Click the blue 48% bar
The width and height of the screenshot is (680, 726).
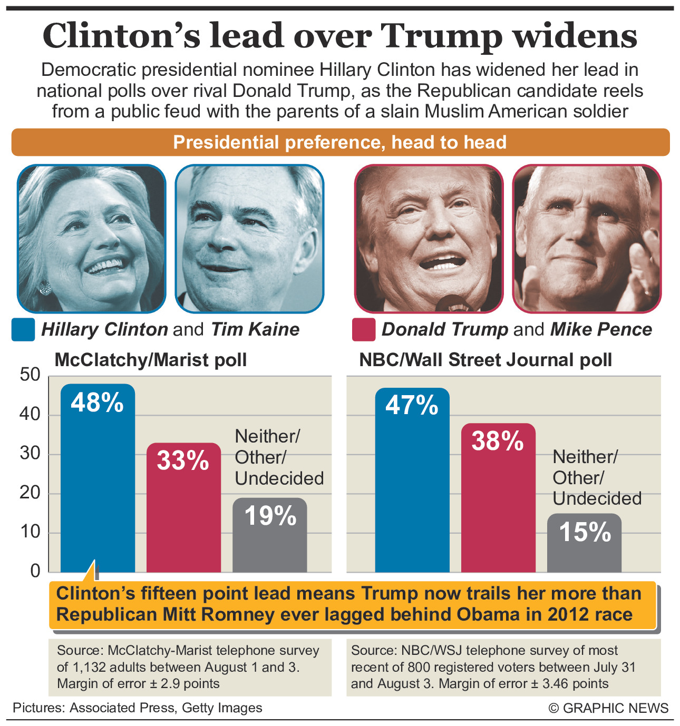pos(98,479)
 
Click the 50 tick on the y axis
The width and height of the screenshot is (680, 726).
pos(30,375)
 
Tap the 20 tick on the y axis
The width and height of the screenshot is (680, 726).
pos(30,493)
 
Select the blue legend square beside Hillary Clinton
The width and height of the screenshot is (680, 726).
pos(23,330)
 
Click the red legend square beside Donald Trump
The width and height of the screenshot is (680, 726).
pos(364,330)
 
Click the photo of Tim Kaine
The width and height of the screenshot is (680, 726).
pos(249,238)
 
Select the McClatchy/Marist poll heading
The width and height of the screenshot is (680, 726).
pos(151,360)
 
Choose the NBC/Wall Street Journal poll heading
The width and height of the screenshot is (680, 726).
pos(485,360)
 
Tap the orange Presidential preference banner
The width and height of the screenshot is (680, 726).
pos(340,142)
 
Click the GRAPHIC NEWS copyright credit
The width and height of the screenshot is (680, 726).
pos(608,708)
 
